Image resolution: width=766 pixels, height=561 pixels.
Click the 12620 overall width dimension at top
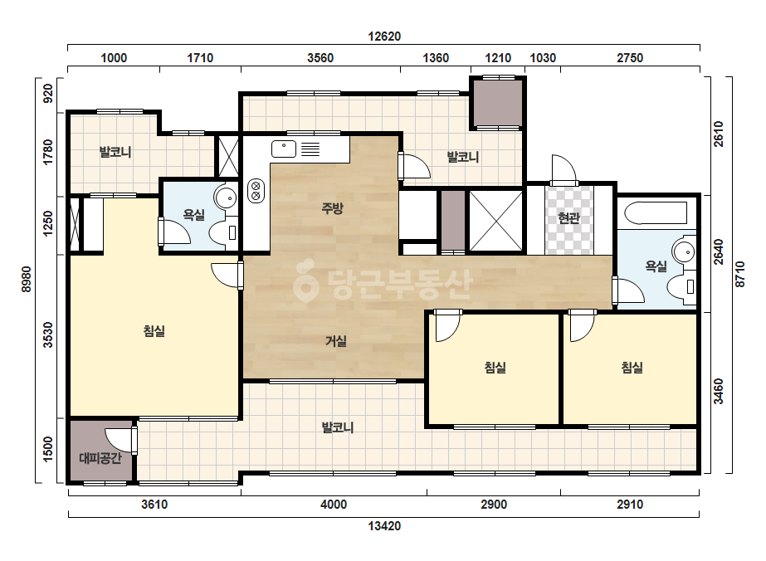point(384,37)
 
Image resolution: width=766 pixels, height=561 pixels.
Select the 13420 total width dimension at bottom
point(384,526)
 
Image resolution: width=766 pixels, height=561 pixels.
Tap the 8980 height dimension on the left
point(27,280)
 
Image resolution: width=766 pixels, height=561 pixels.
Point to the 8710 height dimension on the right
point(740,275)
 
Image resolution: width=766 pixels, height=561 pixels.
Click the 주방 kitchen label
point(332,208)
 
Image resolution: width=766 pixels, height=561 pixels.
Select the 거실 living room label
point(336,341)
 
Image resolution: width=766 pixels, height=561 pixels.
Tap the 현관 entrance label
point(568,218)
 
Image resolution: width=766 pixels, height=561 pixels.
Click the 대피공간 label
point(100,458)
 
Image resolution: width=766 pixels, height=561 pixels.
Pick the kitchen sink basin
point(284,149)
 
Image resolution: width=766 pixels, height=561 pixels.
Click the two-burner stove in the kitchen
point(256,191)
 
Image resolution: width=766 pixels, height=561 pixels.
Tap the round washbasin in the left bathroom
point(225,198)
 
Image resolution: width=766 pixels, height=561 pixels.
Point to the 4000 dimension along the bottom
point(334,505)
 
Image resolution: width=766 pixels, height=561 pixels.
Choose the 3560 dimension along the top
point(320,58)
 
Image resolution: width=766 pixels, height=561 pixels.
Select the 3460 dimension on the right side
point(718,392)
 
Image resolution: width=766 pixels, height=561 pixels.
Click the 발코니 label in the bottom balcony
point(338,427)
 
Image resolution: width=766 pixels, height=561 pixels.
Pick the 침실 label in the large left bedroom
point(154,331)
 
